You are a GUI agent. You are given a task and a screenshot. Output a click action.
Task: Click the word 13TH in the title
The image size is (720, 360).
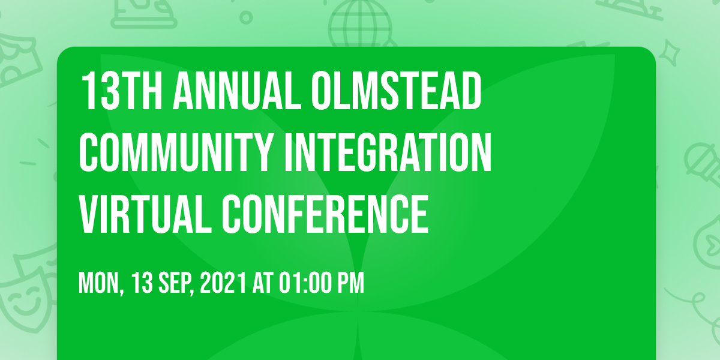coord(122,91)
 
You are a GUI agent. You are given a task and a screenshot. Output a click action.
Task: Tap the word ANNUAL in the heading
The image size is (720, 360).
coord(237,91)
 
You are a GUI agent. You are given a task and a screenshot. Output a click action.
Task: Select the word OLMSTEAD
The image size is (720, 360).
coord(397,91)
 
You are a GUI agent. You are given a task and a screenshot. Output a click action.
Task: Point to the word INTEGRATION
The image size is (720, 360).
coord(388,152)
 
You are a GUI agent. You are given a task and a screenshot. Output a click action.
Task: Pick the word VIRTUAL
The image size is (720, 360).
coord(145,214)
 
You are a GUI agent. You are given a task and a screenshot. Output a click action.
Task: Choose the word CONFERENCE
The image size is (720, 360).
coord(325,214)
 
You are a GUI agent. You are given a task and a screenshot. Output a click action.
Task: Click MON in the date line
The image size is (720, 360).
coord(101,283)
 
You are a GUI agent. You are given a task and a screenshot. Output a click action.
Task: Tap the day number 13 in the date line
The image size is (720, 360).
coord(142,283)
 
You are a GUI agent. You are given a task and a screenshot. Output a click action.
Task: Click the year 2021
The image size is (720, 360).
coord(223,283)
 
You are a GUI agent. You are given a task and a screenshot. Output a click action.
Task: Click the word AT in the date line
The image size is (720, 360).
coord(263,283)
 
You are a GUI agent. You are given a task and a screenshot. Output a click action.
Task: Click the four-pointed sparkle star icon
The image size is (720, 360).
coord(669,53)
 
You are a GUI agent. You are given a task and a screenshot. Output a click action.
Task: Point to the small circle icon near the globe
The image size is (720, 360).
coord(246,17)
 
